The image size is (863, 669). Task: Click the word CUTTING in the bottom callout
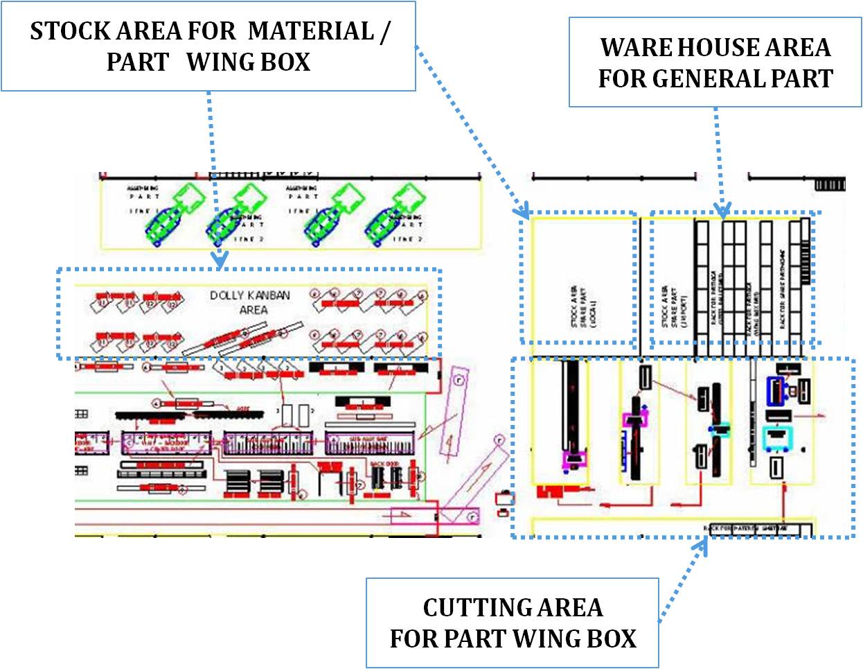(465, 608)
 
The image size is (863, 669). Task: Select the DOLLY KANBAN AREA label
(250, 302)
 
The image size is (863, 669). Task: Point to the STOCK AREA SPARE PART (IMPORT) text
(674, 305)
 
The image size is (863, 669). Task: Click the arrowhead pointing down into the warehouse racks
(723, 211)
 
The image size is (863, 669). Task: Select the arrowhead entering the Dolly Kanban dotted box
(220, 262)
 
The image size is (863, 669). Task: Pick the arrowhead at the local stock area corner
(522, 210)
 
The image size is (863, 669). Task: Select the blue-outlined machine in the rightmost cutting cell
(778, 390)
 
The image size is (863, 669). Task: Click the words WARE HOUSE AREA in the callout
(715, 48)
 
